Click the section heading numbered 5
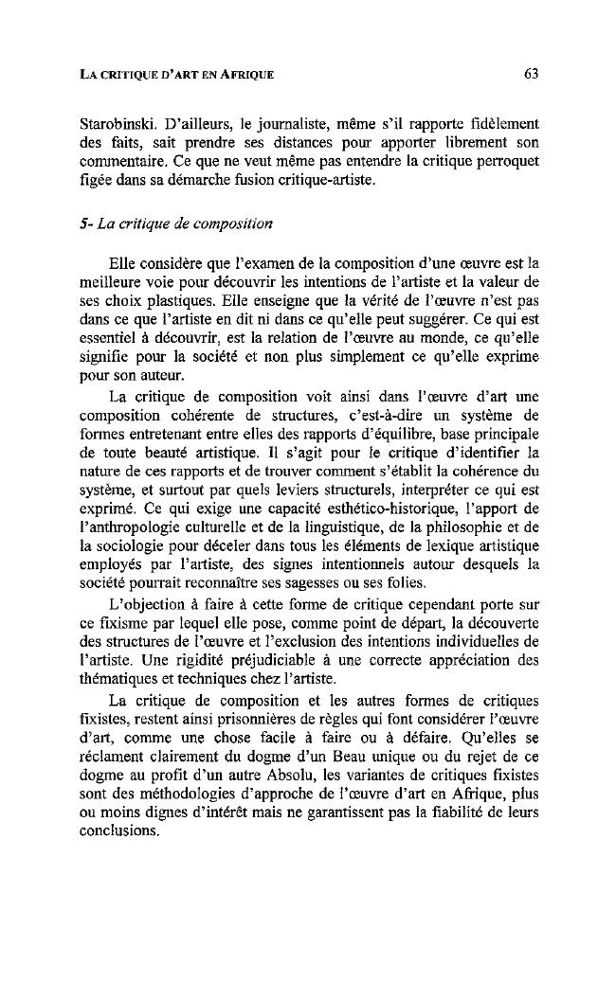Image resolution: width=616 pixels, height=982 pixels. pyautogui.click(x=176, y=223)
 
